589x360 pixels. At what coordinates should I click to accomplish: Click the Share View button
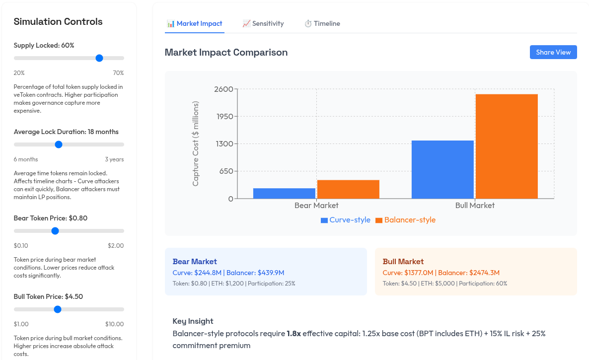pos(553,52)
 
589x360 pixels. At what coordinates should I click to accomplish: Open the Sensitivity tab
pos(263,23)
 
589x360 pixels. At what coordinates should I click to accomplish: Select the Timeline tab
pos(322,23)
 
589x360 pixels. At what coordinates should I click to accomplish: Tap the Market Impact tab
pos(195,23)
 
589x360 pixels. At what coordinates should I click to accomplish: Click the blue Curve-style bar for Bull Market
pos(442,169)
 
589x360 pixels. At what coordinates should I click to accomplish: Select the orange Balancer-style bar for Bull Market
pos(507,146)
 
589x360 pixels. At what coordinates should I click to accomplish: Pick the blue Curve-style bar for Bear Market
pos(284,193)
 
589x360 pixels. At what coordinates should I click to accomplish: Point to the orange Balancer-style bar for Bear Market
pos(348,189)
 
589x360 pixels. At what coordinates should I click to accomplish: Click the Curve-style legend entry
pos(346,220)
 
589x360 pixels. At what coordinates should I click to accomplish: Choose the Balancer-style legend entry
pos(405,220)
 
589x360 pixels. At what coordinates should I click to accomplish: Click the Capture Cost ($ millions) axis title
pos(196,144)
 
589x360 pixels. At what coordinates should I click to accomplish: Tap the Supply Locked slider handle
pos(99,58)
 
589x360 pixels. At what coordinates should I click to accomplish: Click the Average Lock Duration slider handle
pos(59,144)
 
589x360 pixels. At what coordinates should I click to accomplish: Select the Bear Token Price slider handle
pos(55,231)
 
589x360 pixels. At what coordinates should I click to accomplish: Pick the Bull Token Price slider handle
pos(58,309)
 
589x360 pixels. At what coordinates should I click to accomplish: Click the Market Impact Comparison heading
pos(226,52)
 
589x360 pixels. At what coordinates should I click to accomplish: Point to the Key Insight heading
pos(193,321)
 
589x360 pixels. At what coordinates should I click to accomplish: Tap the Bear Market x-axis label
pos(316,206)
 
